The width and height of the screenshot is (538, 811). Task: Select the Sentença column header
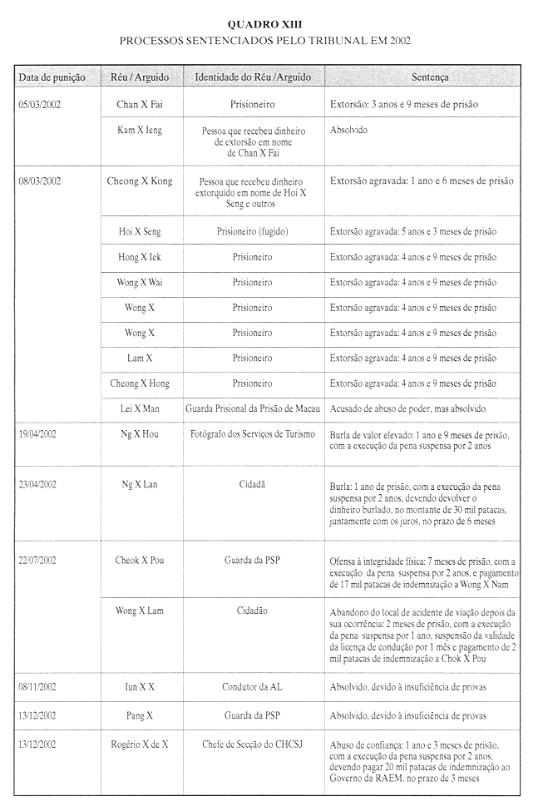[x=430, y=77]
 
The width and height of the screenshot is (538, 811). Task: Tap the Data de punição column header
[x=52, y=77]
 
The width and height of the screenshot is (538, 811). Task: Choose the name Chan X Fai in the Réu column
[x=140, y=106]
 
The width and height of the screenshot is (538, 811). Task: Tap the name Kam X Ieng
[x=140, y=131]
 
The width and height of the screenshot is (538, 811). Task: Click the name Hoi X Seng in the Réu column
[x=140, y=232]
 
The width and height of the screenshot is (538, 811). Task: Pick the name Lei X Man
[x=140, y=409]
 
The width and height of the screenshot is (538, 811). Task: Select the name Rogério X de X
[x=140, y=744]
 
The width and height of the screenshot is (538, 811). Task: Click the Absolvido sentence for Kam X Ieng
[x=348, y=131]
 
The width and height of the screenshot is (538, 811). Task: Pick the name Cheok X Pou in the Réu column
[x=140, y=561]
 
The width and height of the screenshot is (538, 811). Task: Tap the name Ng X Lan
[x=140, y=484]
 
